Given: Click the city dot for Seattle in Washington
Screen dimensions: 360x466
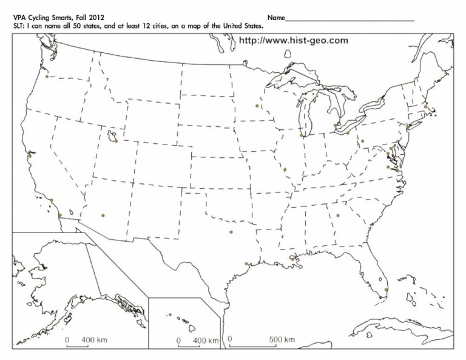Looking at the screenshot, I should [46, 76].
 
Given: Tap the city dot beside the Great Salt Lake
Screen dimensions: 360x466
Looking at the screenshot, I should [115, 142].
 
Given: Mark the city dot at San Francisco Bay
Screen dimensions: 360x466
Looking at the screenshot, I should [29, 156].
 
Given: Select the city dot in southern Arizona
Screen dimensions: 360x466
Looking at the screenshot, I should [103, 215].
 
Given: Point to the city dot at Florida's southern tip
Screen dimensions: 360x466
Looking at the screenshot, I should [387, 290].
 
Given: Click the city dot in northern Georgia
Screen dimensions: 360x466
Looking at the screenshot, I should [338, 215].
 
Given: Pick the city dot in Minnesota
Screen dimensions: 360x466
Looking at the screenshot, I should [257, 105].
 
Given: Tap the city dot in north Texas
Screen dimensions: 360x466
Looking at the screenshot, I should [231, 231].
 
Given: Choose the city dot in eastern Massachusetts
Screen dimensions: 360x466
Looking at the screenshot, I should [426, 106].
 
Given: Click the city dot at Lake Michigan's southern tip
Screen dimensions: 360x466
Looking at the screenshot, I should [302, 135].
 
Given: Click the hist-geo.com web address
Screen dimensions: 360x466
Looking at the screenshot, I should [294, 40].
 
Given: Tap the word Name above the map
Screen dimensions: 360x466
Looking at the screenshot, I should [275, 18].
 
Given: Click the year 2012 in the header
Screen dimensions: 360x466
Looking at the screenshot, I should [87, 18].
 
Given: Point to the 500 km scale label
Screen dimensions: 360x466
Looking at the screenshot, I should [282, 339].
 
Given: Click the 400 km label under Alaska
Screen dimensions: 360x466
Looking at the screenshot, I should [94, 339].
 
